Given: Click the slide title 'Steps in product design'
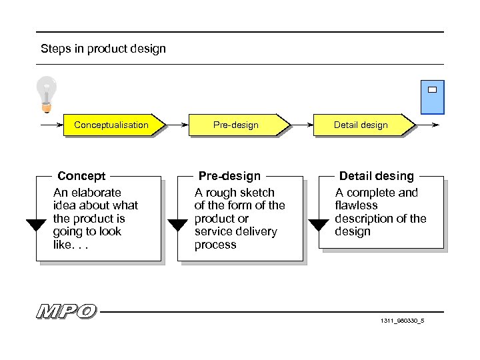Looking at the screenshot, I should tap(103, 48).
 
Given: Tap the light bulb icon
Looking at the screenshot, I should tap(46, 93).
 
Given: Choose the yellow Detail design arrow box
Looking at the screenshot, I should tap(364, 125).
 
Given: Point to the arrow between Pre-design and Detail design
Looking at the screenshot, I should tap(302, 125).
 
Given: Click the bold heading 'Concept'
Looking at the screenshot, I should tap(81, 176).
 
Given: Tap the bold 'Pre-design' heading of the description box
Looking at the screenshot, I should tap(230, 176).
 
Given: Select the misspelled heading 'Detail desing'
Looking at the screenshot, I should tap(377, 176).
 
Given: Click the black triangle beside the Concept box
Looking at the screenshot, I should tap(36, 225).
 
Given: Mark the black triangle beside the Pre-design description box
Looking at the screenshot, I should tap(177, 225).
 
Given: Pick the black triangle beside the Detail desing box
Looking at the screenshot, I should tap(319, 225).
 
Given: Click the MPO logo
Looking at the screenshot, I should tap(67, 311).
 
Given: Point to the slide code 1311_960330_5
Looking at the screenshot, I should tap(402, 321).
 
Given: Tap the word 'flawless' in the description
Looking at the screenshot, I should tap(356, 205).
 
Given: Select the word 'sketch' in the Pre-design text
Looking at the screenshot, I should tap(257, 193).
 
